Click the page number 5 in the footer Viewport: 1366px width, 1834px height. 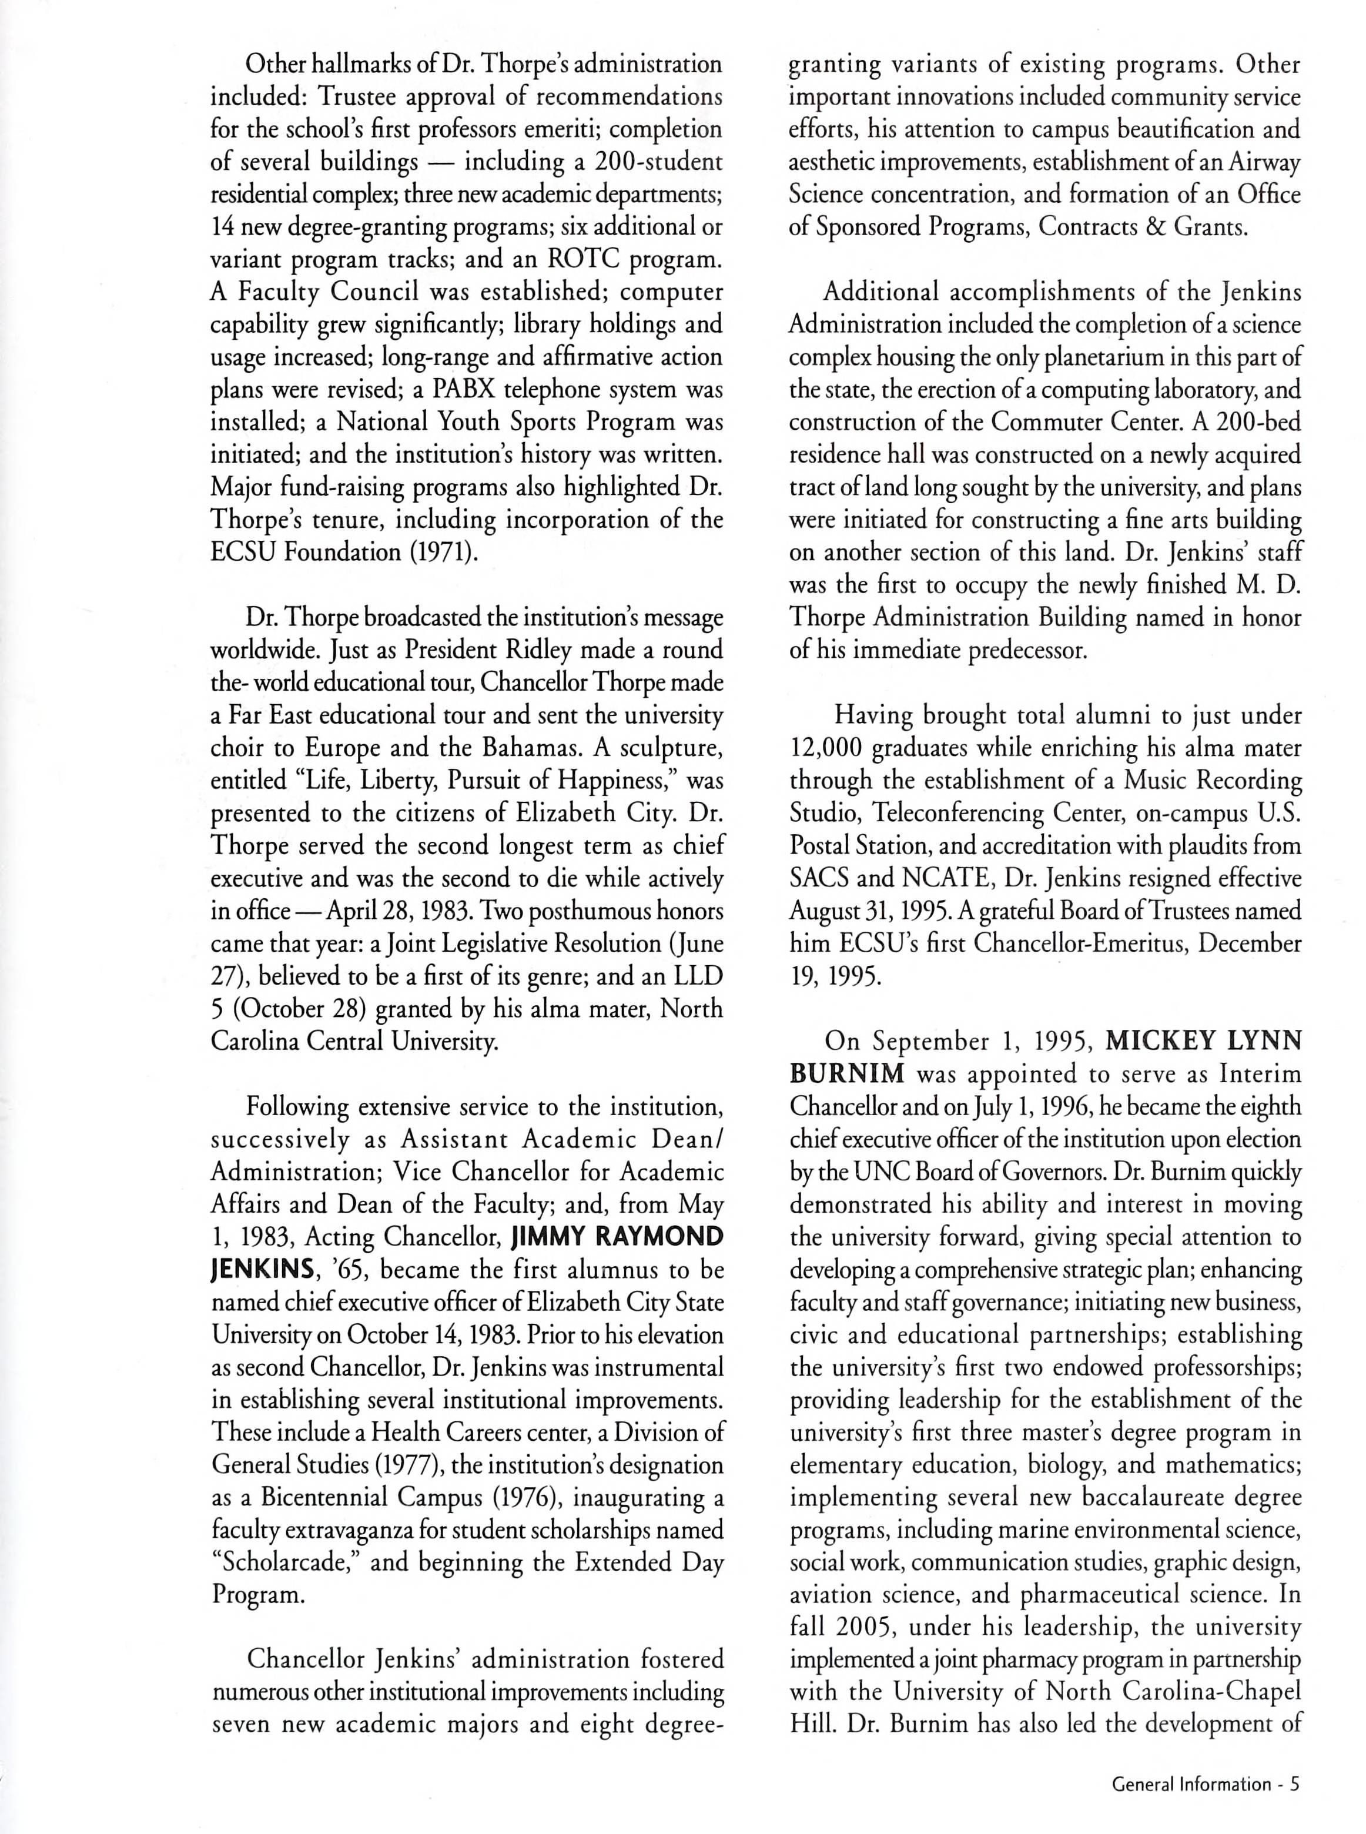(1295, 1777)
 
